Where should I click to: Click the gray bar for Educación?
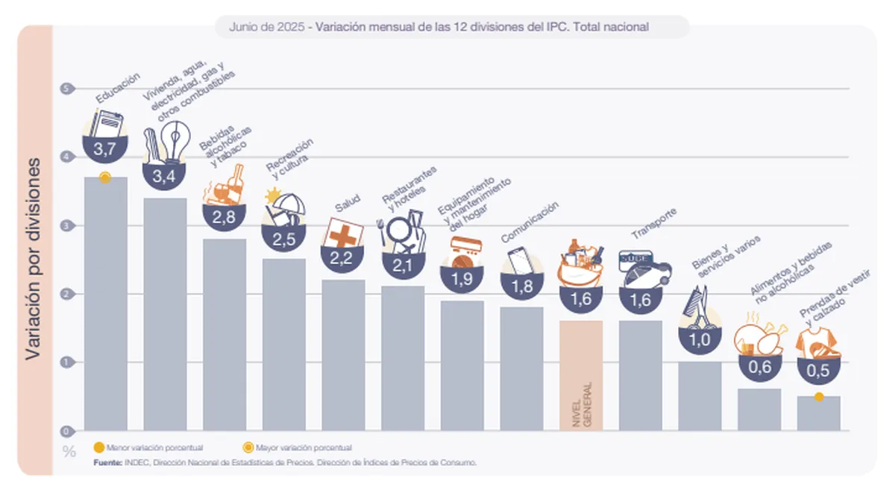click(105, 306)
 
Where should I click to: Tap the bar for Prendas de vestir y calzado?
click(818, 414)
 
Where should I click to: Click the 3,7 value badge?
click(104, 148)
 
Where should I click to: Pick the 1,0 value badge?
click(700, 339)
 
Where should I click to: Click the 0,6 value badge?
click(759, 367)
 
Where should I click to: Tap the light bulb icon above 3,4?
click(174, 142)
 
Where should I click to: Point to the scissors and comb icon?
click(698, 307)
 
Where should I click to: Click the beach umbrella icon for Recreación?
click(284, 208)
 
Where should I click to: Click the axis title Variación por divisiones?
click(34, 257)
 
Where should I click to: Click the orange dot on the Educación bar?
click(105, 177)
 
